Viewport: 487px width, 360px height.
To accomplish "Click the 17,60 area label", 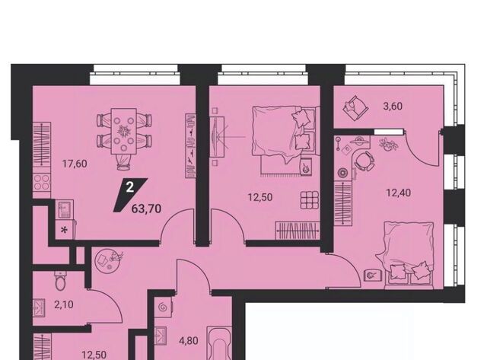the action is point(75,164).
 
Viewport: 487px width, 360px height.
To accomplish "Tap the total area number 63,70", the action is point(146,209).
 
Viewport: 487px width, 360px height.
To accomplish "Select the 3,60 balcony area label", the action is point(393,107).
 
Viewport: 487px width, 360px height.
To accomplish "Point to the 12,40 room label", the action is point(398,193).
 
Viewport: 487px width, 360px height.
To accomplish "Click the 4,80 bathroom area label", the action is point(189,341).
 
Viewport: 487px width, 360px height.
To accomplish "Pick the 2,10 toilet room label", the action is point(64,304).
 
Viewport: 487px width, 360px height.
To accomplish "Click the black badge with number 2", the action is point(130,195).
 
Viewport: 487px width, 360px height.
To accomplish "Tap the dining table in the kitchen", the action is point(123,131).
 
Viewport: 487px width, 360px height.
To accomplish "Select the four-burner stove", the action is point(42,182).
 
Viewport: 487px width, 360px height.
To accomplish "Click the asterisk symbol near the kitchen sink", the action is point(64,231).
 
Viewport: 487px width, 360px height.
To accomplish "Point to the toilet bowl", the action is point(59,281).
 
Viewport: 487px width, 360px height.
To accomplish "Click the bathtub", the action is point(220,343).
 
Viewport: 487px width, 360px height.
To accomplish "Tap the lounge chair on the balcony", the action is point(355,107).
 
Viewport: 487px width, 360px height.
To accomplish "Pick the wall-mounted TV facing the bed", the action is point(217,137).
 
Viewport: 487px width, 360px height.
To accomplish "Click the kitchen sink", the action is point(65,209).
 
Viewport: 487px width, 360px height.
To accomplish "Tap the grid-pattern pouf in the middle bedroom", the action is point(310,200).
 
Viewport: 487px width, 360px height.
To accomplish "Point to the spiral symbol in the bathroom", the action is point(162,307).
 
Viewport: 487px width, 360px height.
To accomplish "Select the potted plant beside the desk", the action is point(387,145).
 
